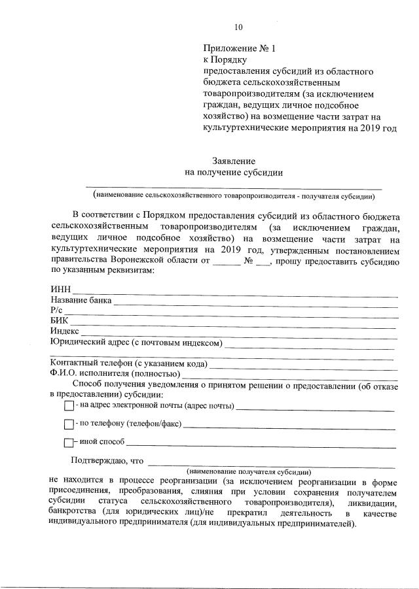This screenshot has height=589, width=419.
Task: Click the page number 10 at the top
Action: [238, 27]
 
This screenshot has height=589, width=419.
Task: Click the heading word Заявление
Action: [234, 160]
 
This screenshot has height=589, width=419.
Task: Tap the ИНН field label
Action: [60, 290]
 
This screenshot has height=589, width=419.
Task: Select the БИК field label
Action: [59, 321]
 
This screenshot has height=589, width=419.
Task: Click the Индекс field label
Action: [64, 331]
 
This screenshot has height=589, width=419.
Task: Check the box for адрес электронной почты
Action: [69, 407]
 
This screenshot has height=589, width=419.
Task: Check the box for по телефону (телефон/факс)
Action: [69, 424]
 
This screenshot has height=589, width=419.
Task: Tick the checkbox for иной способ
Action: [69, 443]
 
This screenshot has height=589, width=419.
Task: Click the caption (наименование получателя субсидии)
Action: [248, 471]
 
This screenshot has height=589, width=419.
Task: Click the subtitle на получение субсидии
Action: [234, 173]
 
